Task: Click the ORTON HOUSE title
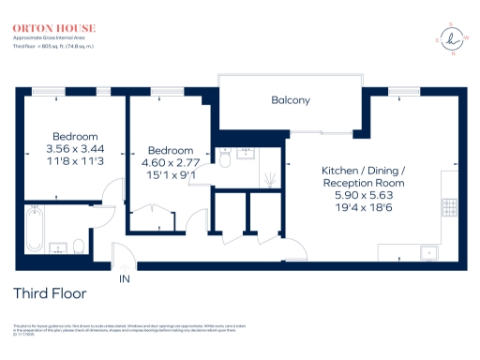(46, 29)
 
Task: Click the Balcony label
(291, 100)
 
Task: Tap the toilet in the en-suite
(225, 160)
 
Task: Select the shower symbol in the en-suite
(268, 177)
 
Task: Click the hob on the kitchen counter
(448, 205)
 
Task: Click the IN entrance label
(125, 278)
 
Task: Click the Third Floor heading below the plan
(49, 294)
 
